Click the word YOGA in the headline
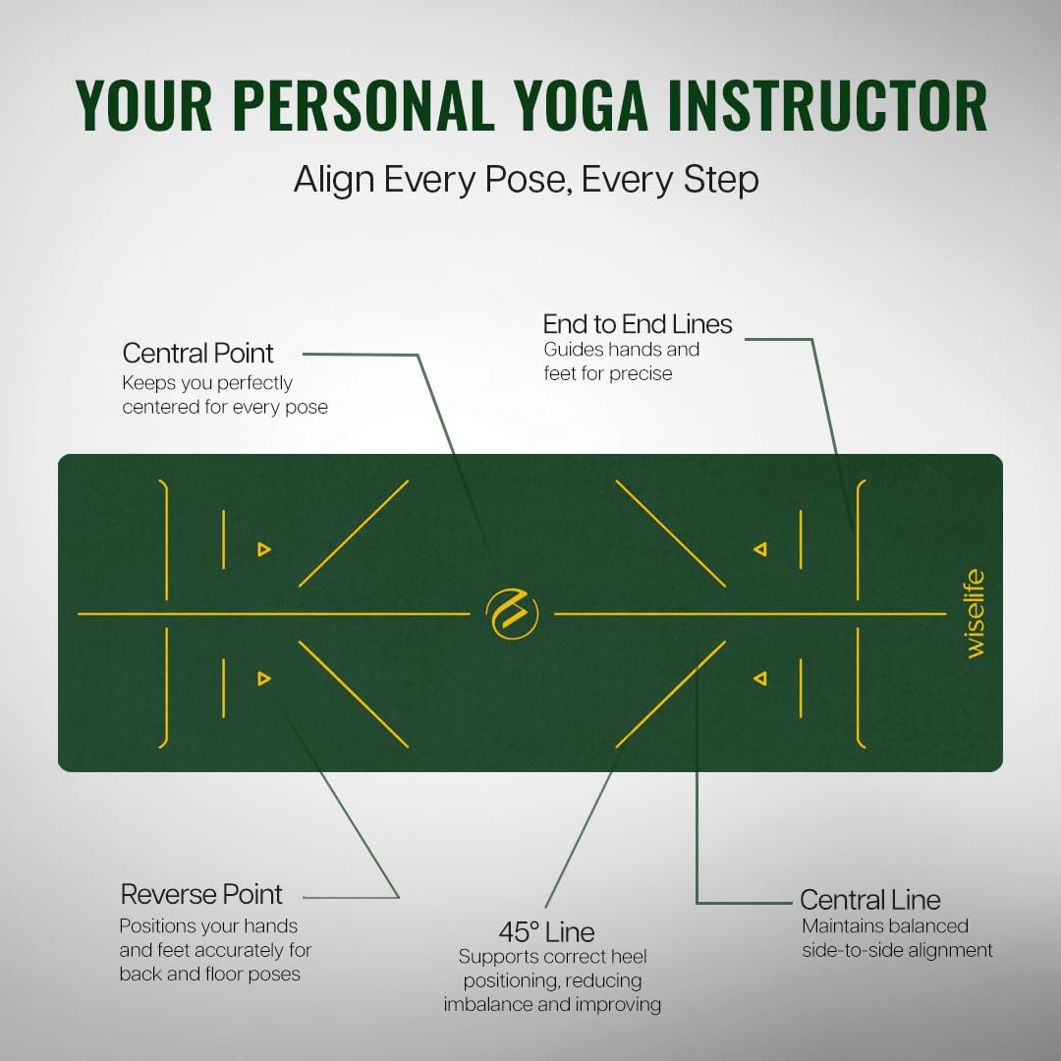[581, 105]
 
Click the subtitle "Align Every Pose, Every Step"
[526, 180]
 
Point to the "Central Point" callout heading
[197, 354]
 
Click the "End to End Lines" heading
[638, 324]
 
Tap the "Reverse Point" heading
[201, 895]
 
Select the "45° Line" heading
[547, 932]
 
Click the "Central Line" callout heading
[870, 900]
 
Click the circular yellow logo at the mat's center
[512, 614]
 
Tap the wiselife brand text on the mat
[975, 614]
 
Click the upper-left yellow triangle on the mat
[264, 549]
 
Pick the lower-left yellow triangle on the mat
[264, 678]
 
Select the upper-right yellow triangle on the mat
[760, 549]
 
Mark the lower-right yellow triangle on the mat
[760, 678]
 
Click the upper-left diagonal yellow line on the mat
[354, 533]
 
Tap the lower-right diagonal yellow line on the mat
[671, 695]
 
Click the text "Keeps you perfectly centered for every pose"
[225, 395]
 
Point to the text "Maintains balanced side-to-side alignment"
[897, 938]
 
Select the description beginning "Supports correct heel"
[552, 980]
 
